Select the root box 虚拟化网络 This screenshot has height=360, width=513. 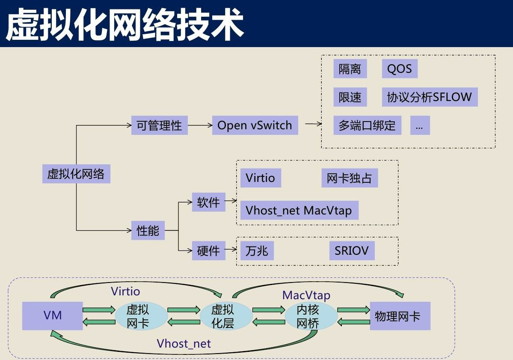click(x=76, y=174)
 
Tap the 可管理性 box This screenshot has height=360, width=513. click(x=159, y=125)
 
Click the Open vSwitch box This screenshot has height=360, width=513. click(x=255, y=125)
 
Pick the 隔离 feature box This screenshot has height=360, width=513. click(x=350, y=69)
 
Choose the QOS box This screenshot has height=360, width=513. click(x=399, y=69)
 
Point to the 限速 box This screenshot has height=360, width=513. click(x=350, y=97)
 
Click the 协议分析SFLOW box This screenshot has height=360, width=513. click(x=429, y=97)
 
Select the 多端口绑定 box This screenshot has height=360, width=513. click(x=367, y=126)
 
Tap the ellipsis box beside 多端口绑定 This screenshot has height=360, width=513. click(x=419, y=126)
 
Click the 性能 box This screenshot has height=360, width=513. click(x=148, y=231)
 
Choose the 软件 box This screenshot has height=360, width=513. click(x=208, y=202)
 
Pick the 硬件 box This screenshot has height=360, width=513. click(x=208, y=250)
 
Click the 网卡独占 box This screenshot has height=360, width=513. click(x=349, y=178)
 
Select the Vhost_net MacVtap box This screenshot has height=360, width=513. click(x=299, y=211)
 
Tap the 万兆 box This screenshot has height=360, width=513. click(x=257, y=250)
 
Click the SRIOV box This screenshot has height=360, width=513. click(x=352, y=250)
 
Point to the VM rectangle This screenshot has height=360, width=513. click(x=53, y=316)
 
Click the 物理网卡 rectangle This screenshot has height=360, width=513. click(x=400, y=316)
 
